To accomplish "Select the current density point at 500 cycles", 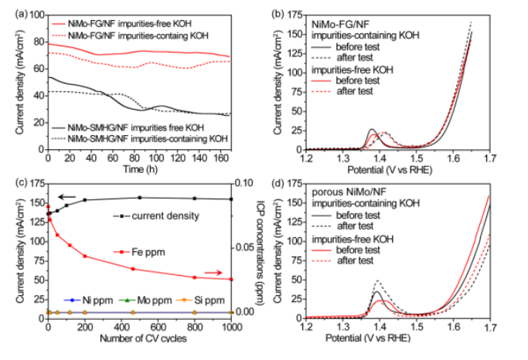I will [x=140, y=198].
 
